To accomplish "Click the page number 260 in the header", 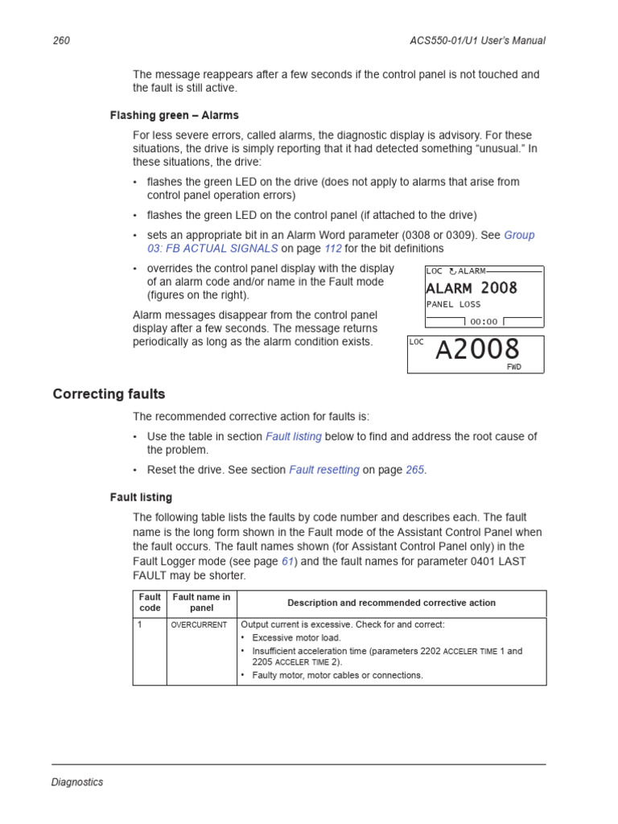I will pos(61,41).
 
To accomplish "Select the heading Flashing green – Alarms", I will pos(174,115).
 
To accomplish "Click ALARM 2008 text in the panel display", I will pos(472,288).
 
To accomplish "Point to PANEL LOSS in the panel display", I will pos(454,304).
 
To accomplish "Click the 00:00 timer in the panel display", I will pos(484,321).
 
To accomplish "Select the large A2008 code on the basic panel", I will pos(478,350).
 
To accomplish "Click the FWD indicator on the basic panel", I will pos(513,367).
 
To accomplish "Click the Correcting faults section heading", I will pos(109,394).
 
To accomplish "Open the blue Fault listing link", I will pos(294,436).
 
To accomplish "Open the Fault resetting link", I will pos(324,470).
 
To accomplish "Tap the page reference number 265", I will pos(414,470).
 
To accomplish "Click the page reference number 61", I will pos(287,562).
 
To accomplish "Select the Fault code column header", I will pos(150,603).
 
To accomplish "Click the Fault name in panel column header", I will pos(201,603).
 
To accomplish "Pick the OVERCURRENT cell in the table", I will pos(200,624).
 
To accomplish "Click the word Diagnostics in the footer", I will pos(77,782).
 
